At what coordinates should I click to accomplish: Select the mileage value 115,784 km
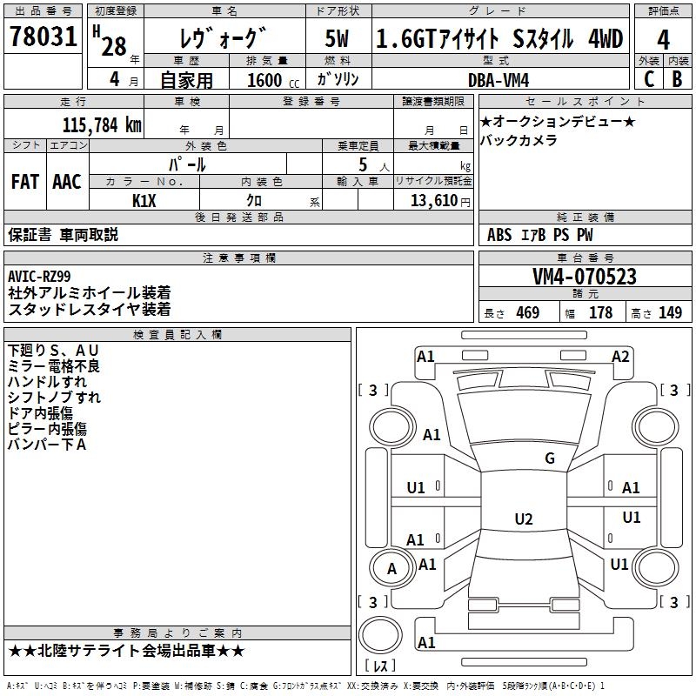click(x=101, y=124)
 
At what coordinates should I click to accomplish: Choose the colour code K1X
click(x=144, y=200)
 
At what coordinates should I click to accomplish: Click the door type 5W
click(x=338, y=38)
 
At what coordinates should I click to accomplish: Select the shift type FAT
click(x=25, y=181)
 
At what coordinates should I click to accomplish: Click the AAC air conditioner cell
click(x=67, y=181)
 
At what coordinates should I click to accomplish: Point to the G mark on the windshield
click(x=550, y=458)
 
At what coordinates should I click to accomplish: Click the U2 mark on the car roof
click(x=523, y=519)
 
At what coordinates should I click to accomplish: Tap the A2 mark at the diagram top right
click(x=620, y=356)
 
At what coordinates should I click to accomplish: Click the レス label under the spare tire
click(x=379, y=666)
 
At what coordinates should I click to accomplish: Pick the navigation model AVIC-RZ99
click(x=40, y=277)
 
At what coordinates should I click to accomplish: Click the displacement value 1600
click(x=265, y=80)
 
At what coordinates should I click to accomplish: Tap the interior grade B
click(x=677, y=78)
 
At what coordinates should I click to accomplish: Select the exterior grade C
click(x=648, y=78)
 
